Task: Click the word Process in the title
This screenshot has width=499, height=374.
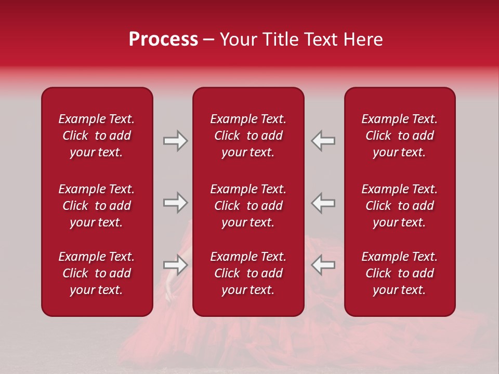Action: pos(163,39)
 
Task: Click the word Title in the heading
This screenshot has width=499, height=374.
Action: pos(280,39)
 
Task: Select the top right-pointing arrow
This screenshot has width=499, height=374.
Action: pos(176,141)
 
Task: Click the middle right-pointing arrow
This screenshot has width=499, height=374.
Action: pos(176,203)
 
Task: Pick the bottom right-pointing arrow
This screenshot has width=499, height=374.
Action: pos(176,265)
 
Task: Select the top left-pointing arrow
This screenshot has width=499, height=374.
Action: pos(323,141)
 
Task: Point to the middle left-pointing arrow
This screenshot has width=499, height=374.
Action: pos(323,203)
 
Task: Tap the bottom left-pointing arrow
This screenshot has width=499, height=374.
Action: pos(323,265)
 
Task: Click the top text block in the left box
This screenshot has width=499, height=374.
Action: pos(97,136)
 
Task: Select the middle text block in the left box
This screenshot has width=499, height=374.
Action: pos(97,206)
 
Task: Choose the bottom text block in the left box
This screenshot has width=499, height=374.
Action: pos(97,273)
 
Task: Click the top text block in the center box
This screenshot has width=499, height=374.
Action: pos(248,136)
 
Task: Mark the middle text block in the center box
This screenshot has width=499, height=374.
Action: pos(248,206)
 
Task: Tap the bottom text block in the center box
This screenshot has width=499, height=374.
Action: pos(248,273)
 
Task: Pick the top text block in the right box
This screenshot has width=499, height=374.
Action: pos(399,136)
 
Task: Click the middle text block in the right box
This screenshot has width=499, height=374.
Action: pos(399,206)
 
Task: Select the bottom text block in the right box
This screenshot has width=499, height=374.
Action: pos(399,273)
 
